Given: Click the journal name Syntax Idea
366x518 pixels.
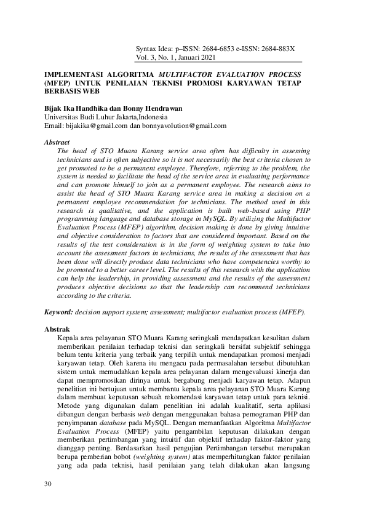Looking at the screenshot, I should (x=156, y=49).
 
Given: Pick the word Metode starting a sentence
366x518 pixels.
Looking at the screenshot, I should (x=68, y=407).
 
